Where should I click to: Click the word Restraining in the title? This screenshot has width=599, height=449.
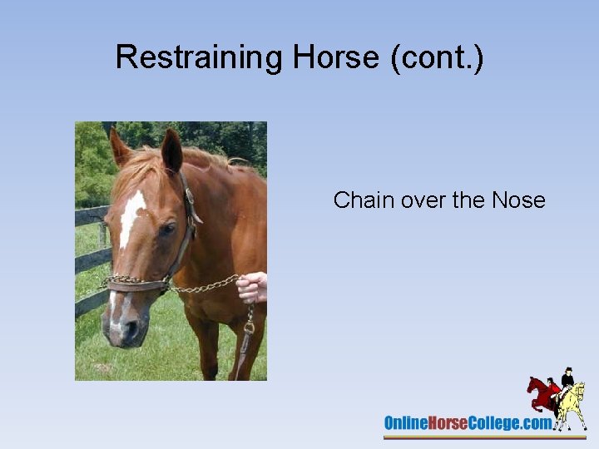tap(200, 57)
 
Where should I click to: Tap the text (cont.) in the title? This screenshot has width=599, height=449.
tap(443, 57)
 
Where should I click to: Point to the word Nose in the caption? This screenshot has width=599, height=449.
tap(518, 200)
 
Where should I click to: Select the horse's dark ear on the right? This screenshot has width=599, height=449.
tap(172, 150)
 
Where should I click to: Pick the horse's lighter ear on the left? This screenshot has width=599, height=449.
tap(120, 147)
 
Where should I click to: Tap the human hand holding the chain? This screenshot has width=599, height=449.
tap(252, 288)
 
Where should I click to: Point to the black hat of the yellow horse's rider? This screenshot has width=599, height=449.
tap(568, 370)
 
